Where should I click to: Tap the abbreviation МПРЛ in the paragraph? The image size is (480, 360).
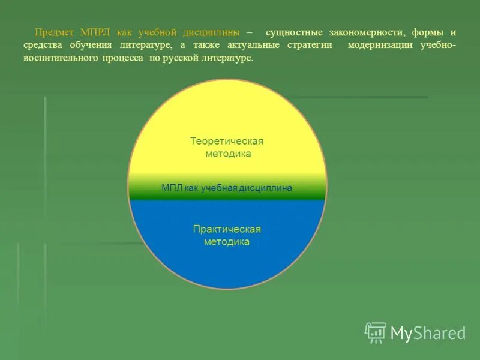[94, 32]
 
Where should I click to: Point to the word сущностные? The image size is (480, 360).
[294, 32]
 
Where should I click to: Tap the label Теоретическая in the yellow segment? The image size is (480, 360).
[227, 141]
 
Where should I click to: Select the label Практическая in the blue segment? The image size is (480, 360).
[227, 229]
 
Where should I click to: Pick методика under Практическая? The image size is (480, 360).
[227, 242]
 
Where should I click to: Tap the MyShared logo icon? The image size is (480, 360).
[376, 332]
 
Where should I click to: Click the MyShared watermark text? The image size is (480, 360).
[428, 333]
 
